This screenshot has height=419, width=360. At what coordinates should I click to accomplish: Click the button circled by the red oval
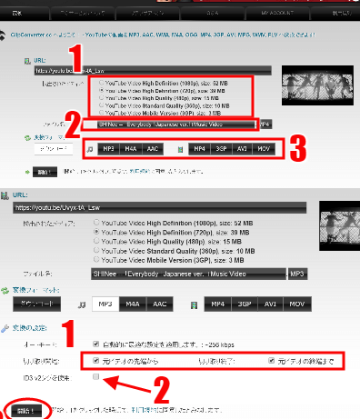(x=25, y=410)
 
